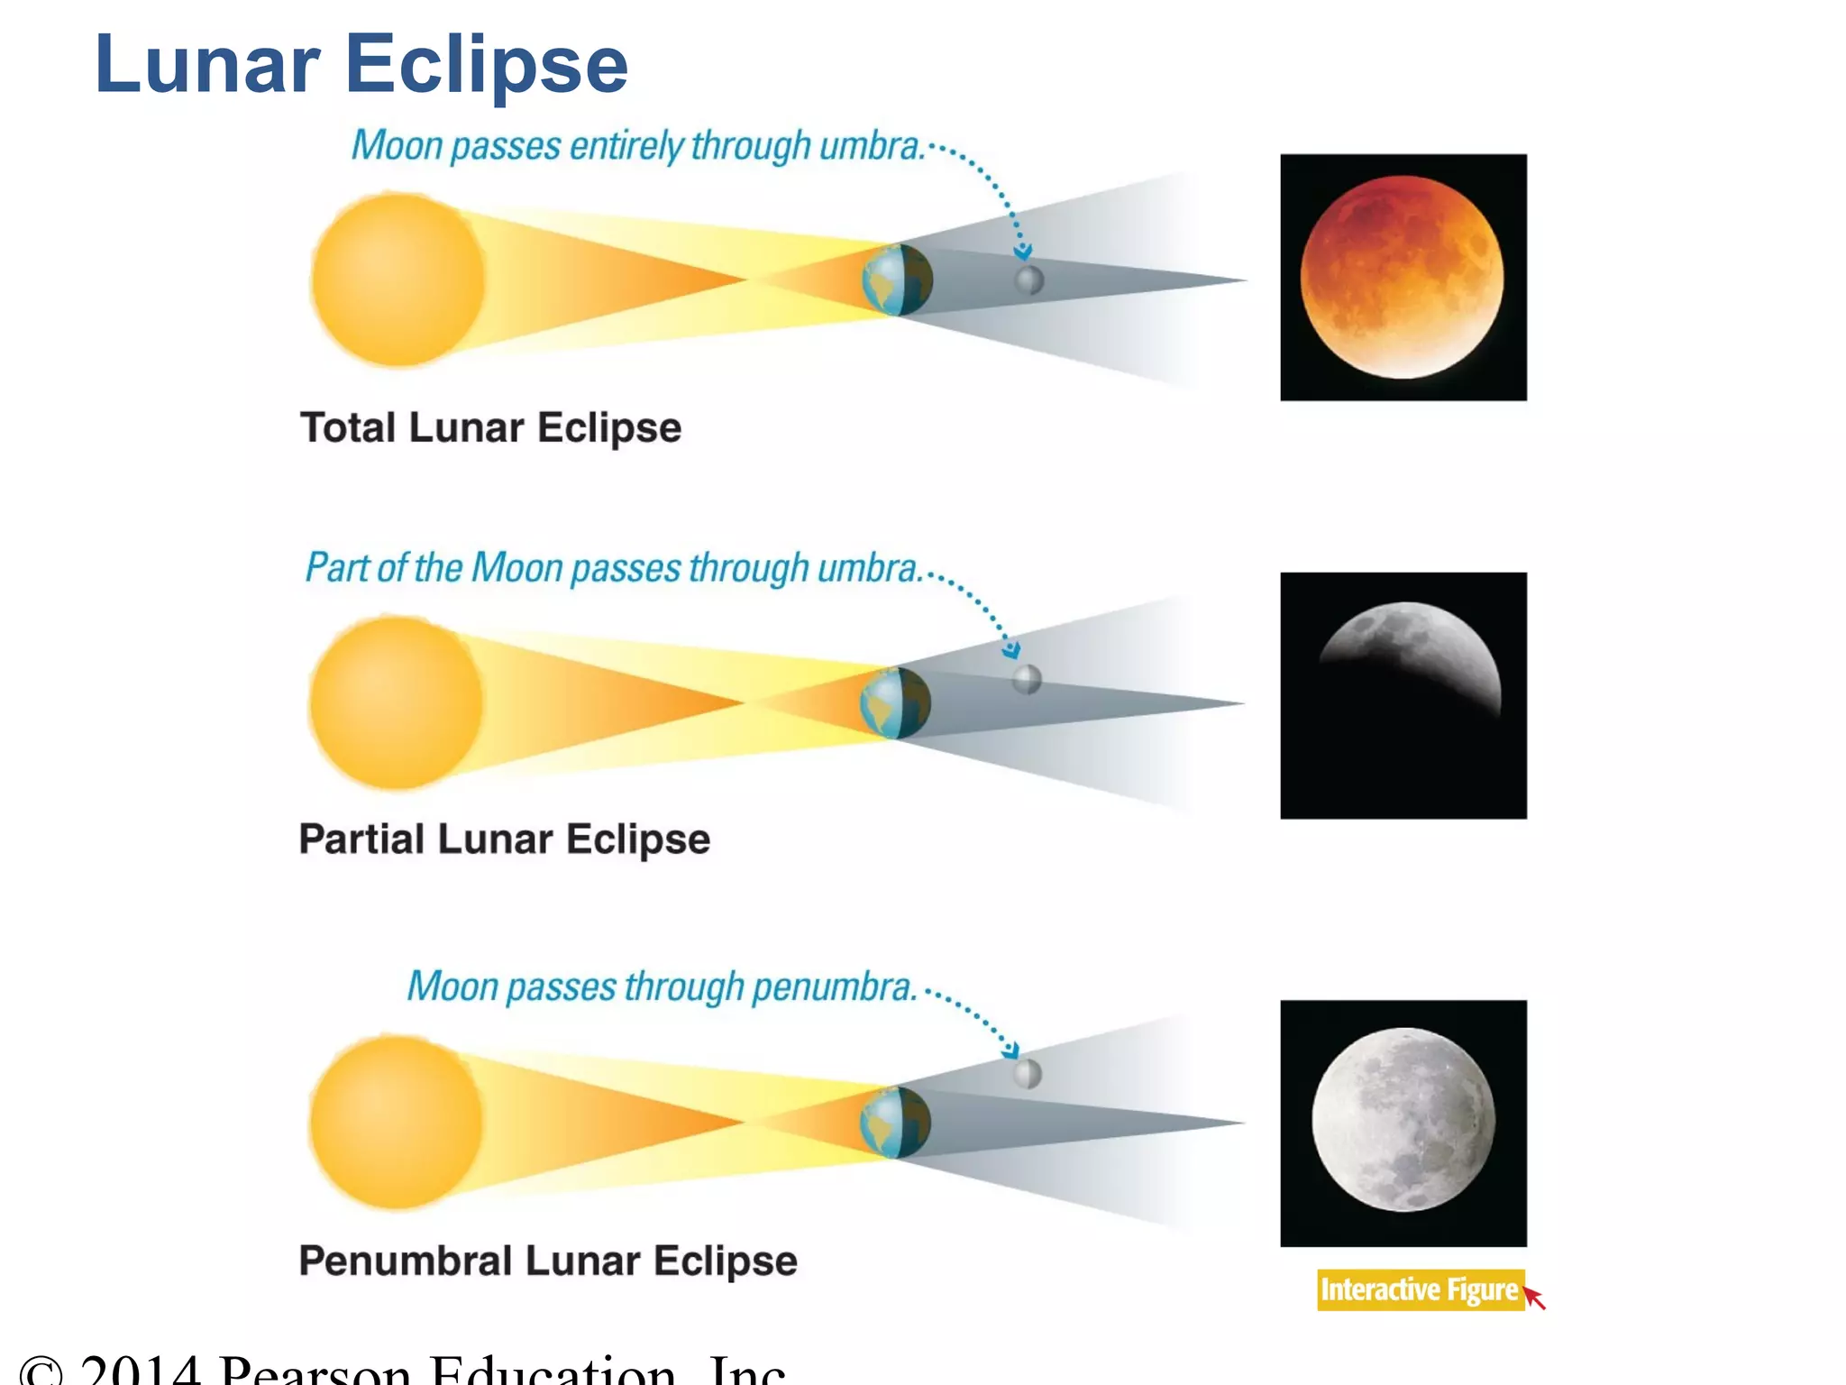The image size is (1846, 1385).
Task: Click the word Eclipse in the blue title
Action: (x=487, y=65)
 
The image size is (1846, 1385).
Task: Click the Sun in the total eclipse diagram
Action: (x=398, y=280)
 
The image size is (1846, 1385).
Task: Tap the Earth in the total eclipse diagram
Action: (x=897, y=280)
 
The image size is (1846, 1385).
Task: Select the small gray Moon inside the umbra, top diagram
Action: (x=1029, y=280)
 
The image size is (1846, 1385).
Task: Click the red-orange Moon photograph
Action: (x=1403, y=277)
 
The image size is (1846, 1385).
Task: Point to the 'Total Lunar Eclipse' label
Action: (x=490, y=427)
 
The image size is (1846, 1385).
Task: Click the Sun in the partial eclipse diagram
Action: (x=396, y=702)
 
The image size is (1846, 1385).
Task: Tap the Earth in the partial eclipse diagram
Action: (x=895, y=703)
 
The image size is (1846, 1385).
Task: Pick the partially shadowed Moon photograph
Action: (x=1403, y=695)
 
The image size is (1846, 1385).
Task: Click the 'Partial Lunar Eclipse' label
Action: (x=505, y=839)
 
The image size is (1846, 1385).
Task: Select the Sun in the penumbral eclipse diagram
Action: (x=396, y=1123)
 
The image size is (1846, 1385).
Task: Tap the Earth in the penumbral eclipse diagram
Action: (x=895, y=1123)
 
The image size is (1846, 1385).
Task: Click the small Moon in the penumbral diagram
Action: (x=1028, y=1074)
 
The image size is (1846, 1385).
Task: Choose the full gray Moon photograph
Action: (x=1403, y=1123)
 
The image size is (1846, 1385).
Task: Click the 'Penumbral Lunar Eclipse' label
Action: (x=548, y=1261)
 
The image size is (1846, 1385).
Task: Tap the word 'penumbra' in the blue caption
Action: (x=833, y=987)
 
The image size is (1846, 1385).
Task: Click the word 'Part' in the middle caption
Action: (x=335, y=568)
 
